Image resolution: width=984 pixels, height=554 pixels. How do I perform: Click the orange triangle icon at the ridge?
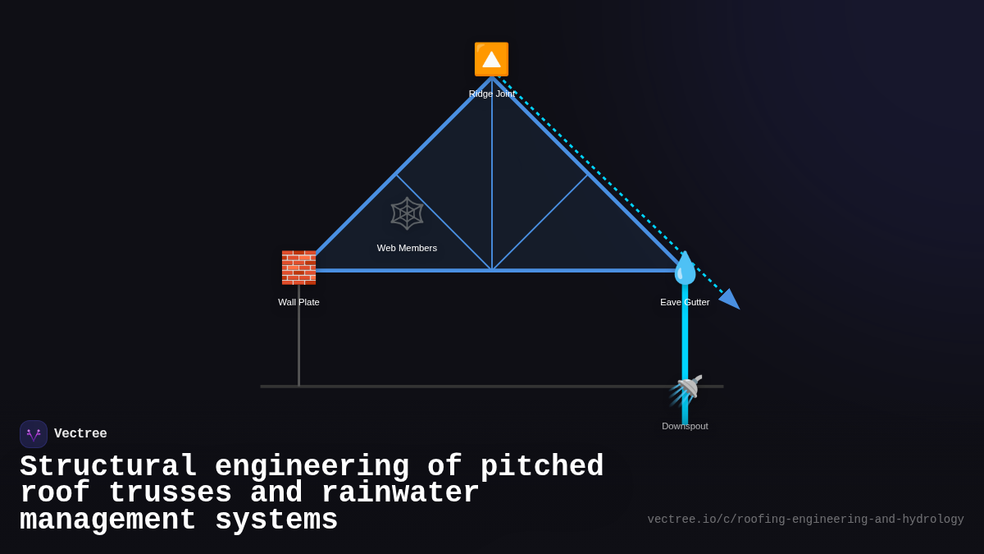point(491,59)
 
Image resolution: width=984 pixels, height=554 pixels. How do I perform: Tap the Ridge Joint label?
point(492,94)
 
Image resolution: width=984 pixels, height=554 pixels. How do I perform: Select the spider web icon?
point(407,213)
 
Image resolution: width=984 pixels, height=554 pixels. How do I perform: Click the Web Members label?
point(407,248)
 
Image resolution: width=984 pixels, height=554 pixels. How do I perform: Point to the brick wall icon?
point(298,268)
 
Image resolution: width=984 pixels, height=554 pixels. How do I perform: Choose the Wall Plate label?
point(298,302)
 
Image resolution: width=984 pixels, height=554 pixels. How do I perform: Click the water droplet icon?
point(685,268)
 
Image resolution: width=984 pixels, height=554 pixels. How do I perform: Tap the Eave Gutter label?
point(685,302)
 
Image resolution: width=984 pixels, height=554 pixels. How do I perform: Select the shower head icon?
point(686,389)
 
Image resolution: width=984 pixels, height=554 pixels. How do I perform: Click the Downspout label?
point(685,426)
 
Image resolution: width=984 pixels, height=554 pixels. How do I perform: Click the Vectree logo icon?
point(34,434)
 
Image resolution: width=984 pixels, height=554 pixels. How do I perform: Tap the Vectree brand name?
point(80,434)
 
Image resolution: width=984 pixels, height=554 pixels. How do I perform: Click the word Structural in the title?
point(108,467)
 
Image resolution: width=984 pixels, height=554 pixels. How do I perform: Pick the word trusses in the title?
point(170,493)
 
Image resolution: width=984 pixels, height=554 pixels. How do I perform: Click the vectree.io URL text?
point(805,520)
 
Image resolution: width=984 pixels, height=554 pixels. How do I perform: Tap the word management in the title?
point(107,520)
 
